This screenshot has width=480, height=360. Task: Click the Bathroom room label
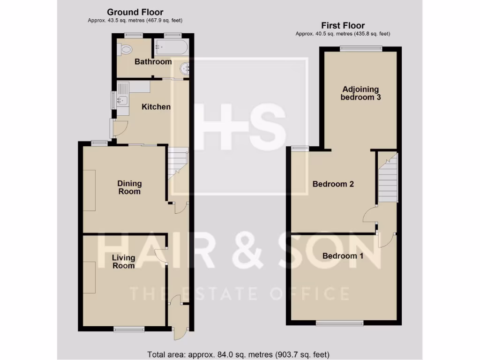[153, 62]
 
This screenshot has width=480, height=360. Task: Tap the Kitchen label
[157, 107]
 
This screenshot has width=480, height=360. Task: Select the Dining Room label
[129, 187]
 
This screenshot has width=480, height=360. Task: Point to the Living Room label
[123, 262]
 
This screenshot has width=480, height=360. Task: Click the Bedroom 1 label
[343, 256]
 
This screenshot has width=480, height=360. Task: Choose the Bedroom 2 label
[333, 184]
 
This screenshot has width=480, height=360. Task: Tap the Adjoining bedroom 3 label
[360, 93]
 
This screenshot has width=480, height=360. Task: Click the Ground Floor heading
[135, 12]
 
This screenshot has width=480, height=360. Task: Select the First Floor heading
[343, 26]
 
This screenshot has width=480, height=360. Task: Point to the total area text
[239, 354]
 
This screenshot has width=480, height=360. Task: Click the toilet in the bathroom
[125, 49]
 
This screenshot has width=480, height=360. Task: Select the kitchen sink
[122, 99]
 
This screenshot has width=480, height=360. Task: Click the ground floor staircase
[178, 162]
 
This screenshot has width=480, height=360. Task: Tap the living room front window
[129, 330]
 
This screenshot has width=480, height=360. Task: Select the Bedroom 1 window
[340, 323]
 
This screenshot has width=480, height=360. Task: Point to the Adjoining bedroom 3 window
[360, 48]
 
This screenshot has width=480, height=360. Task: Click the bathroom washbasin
[187, 69]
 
